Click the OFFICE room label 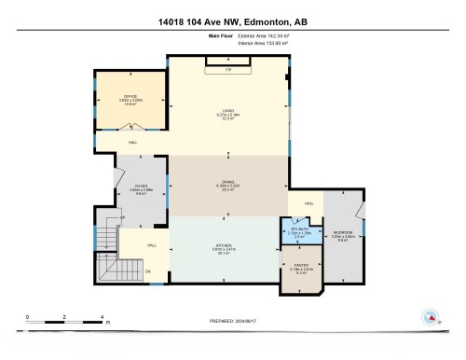point(130,98)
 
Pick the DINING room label point(228,183)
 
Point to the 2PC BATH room point(298,232)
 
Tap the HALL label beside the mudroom point(308,203)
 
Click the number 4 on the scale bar point(101,317)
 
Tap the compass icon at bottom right point(431,316)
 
